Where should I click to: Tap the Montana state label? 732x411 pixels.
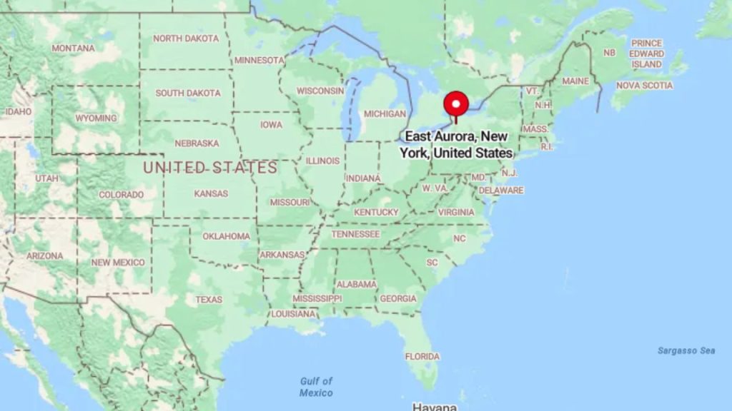click(x=73, y=49)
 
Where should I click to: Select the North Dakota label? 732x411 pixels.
click(x=186, y=39)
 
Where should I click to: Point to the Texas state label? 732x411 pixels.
click(x=209, y=300)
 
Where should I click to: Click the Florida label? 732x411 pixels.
click(x=422, y=357)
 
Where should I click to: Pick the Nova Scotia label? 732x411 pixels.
click(x=644, y=86)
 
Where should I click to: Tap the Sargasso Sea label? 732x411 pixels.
click(x=686, y=350)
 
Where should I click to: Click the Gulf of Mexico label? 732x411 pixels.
click(x=316, y=387)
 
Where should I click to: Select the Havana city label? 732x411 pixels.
click(x=435, y=407)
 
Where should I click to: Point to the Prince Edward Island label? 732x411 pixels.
click(x=646, y=54)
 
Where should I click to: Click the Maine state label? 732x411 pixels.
click(x=575, y=81)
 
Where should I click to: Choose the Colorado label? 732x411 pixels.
click(x=121, y=195)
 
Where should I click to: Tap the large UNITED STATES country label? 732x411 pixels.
click(x=210, y=168)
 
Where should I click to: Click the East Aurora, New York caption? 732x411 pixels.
click(x=458, y=144)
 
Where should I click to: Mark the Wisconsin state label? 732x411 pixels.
click(x=320, y=91)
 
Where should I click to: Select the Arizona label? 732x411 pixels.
click(x=44, y=255)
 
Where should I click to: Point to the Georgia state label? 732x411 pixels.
click(x=398, y=298)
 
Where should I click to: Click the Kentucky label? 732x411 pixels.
click(x=376, y=213)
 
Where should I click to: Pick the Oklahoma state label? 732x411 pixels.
click(x=226, y=236)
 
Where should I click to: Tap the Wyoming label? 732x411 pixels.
click(x=96, y=118)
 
